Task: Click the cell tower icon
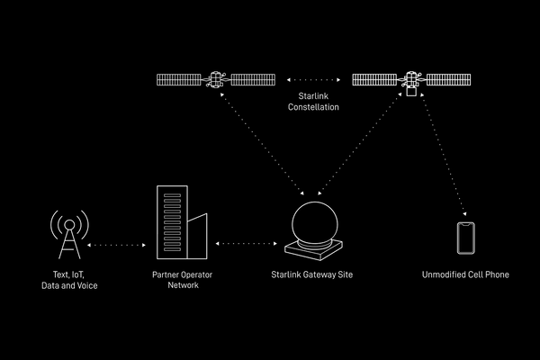[69, 235]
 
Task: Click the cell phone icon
[465, 238]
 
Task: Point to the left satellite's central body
[216, 80]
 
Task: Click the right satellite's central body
[411, 81]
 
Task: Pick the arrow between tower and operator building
[119, 244]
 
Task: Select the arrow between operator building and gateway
[245, 242]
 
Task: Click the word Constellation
[313, 107]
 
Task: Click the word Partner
[166, 274]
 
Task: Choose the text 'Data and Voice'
[69, 284]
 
